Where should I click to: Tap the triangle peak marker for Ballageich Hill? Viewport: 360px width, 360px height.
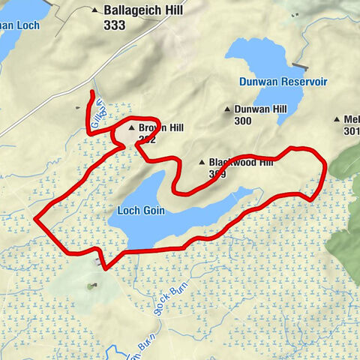click(x=94, y=11)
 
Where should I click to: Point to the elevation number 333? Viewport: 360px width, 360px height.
click(x=115, y=25)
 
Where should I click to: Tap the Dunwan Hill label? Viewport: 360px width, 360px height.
click(x=260, y=109)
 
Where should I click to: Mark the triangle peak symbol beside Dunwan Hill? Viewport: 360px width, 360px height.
click(x=228, y=109)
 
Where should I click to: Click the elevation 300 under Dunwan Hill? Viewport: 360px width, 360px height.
click(x=243, y=121)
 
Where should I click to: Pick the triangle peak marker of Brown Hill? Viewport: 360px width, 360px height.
click(x=131, y=128)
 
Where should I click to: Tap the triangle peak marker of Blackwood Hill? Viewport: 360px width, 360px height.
click(x=202, y=162)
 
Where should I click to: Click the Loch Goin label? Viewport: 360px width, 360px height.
click(x=141, y=211)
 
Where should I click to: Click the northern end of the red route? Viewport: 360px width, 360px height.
click(x=92, y=91)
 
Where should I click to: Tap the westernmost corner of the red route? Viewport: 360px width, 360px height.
click(x=35, y=217)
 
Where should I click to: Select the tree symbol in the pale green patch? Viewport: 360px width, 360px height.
click(x=91, y=286)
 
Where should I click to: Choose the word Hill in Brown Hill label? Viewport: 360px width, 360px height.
click(x=174, y=128)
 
